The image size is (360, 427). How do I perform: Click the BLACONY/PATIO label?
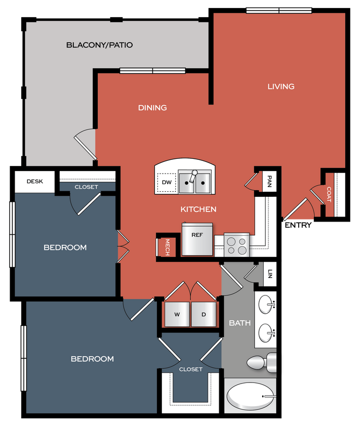99,45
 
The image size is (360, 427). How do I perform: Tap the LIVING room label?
281,87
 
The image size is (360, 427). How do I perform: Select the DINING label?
152,108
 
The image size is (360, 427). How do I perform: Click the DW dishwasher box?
166,183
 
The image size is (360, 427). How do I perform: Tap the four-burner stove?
237,245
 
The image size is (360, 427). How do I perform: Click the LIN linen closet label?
270,274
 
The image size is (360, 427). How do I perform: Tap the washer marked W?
177,314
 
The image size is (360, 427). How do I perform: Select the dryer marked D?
204,314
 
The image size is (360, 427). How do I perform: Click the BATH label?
239,323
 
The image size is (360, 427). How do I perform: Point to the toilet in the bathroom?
261,362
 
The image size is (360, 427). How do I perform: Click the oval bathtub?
250,397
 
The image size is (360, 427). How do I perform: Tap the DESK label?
34,182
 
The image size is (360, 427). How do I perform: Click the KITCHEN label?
198,209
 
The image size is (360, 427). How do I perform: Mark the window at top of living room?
278,11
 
